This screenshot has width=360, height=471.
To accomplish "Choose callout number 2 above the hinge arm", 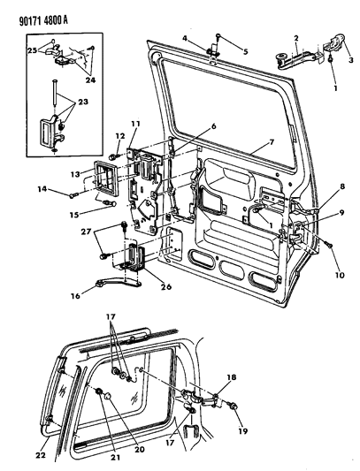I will (296, 38).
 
